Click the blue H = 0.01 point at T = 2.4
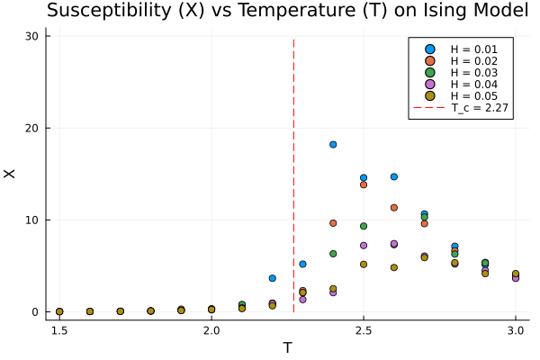333,144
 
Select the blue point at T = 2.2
273,278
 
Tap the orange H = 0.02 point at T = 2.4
333,223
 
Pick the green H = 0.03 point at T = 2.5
364,226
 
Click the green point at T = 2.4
333,254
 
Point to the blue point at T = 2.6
394,176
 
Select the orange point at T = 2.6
394,208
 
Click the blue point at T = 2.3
302,264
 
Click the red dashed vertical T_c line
294,180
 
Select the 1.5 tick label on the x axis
59,331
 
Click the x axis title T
287,347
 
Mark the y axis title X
12,174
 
